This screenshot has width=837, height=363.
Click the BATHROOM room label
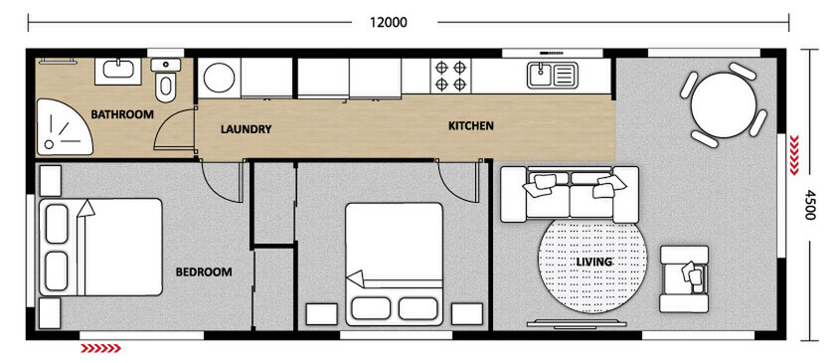(122, 114)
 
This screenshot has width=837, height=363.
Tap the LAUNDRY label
(246, 129)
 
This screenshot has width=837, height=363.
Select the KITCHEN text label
(471, 126)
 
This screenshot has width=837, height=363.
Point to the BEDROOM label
(204, 272)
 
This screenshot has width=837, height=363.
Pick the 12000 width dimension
(388, 20)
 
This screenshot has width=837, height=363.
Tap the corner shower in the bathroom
(62, 128)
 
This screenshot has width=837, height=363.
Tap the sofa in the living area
(568, 194)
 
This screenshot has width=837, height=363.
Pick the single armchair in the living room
(685, 273)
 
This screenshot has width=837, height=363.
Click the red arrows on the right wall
(794, 154)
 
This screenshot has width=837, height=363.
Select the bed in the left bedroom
(99, 246)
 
